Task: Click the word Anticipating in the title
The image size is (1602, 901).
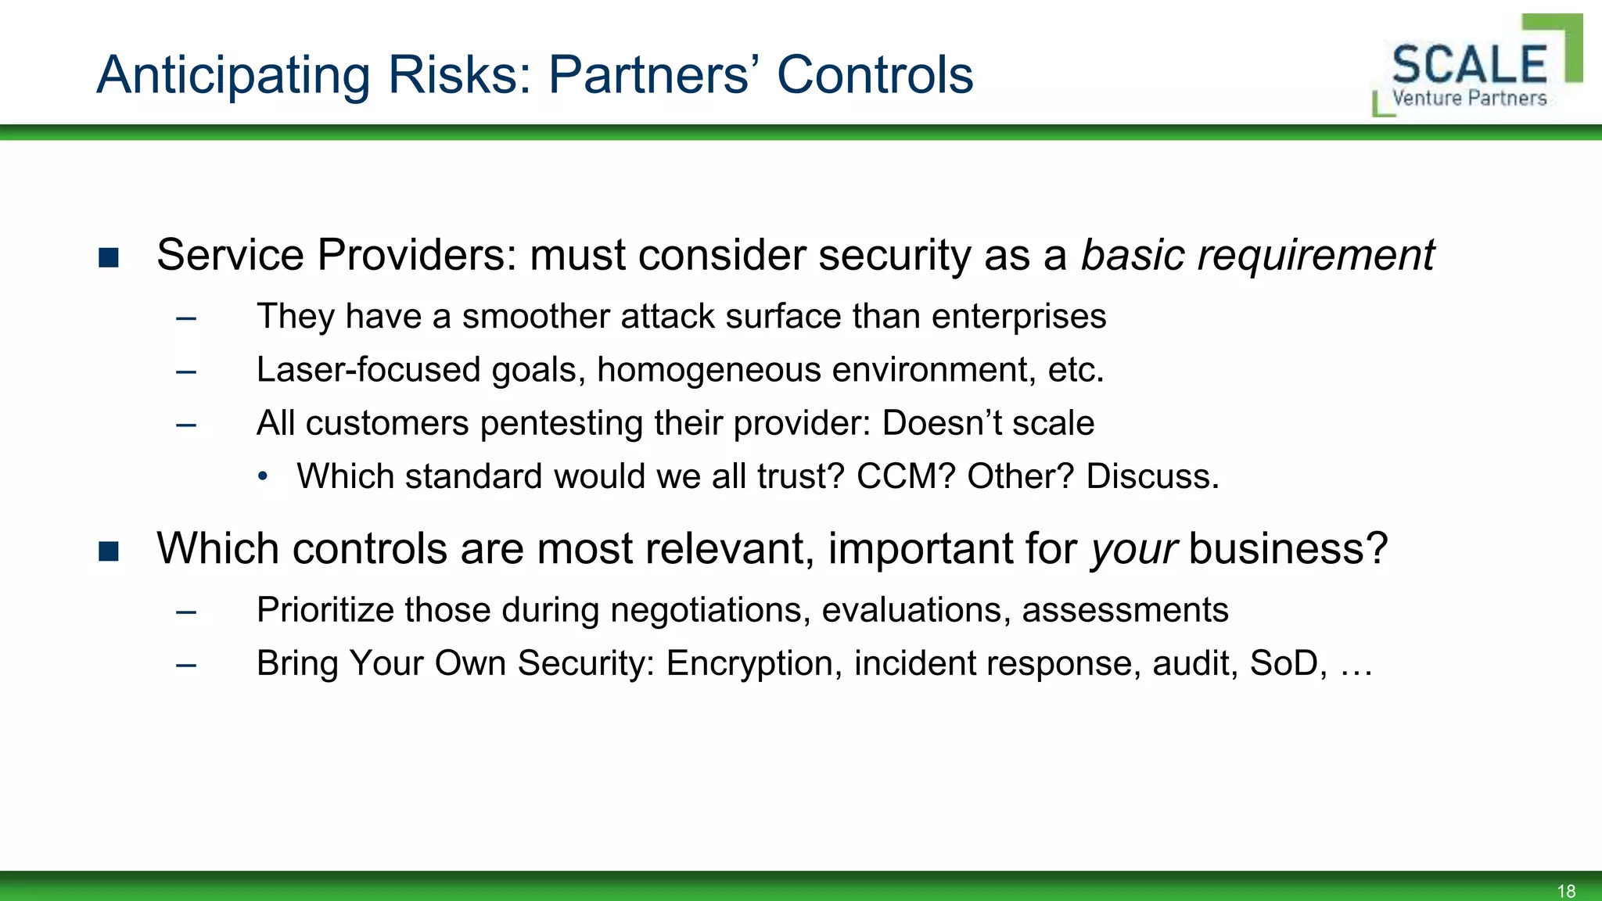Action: pyautogui.click(x=233, y=76)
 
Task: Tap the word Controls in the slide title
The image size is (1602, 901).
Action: pyautogui.click(x=875, y=76)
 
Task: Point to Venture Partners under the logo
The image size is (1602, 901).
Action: pyautogui.click(x=1469, y=99)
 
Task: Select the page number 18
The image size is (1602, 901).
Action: pyautogui.click(x=1566, y=891)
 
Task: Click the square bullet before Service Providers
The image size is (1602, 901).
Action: pyautogui.click(x=109, y=257)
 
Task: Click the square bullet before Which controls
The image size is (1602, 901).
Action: pyautogui.click(x=109, y=551)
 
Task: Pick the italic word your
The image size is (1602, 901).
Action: pyautogui.click(x=1133, y=549)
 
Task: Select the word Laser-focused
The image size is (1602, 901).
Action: pyautogui.click(x=368, y=370)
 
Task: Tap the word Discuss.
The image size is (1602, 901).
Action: pyautogui.click(x=1152, y=476)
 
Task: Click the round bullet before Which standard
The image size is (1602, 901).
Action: pyautogui.click(x=263, y=476)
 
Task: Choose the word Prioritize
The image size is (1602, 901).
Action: pyautogui.click(x=325, y=610)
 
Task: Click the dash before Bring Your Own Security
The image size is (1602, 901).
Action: pyautogui.click(x=186, y=665)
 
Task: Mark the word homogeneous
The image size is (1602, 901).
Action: pyautogui.click(x=709, y=370)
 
